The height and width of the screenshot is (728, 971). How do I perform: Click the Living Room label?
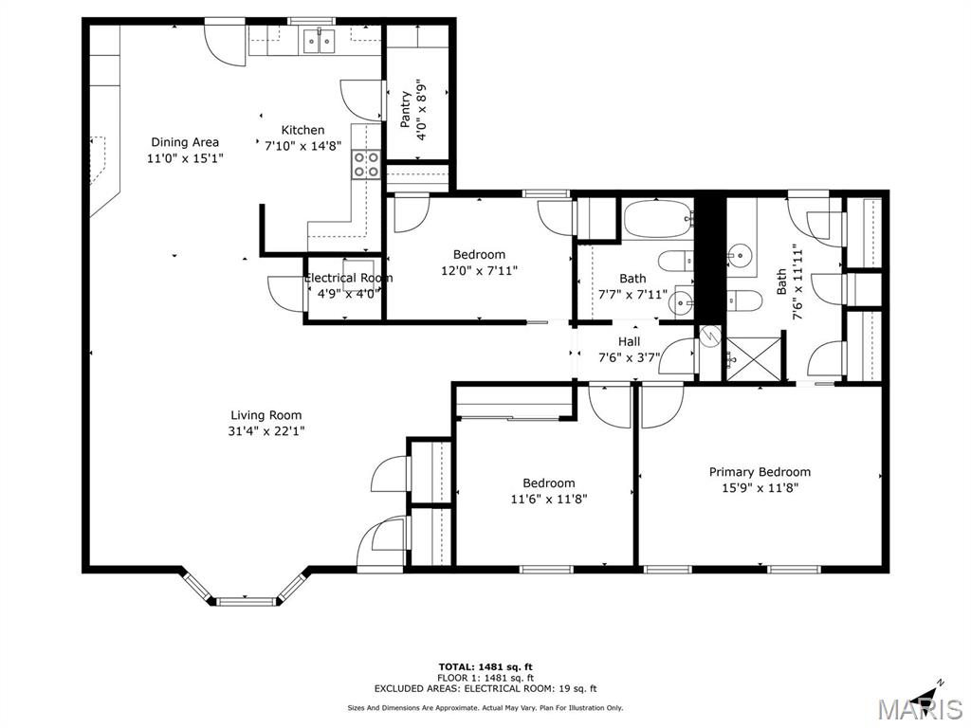[x=266, y=415]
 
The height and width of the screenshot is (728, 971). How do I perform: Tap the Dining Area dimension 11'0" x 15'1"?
[x=185, y=158]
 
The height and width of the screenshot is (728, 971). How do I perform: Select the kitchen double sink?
[x=320, y=41]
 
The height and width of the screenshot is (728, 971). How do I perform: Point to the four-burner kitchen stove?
[x=366, y=165]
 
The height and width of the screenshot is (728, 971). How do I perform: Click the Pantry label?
[x=406, y=110]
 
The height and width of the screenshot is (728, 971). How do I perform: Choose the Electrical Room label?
[x=348, y=278]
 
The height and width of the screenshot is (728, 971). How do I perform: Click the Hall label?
[x=630, y=341]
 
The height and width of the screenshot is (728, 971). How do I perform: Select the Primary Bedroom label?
[x=760, y=472]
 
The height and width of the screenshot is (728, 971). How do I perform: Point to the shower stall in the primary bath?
[x=754, y=358]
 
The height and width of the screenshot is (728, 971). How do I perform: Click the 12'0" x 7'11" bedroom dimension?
[x=479, y=270]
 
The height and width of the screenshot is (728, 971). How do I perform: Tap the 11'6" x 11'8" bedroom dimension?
[x=549, y=499]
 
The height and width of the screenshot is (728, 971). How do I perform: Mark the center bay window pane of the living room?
[x=246, y=600]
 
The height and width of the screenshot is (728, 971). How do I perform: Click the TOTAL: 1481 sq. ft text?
[x=485, y=666]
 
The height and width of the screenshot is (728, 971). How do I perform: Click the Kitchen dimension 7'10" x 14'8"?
[x=303, y=146]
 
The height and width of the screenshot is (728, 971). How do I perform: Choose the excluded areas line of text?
[x=485, y=688]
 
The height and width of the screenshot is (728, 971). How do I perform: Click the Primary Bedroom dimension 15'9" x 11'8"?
[x=760, y=488]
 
